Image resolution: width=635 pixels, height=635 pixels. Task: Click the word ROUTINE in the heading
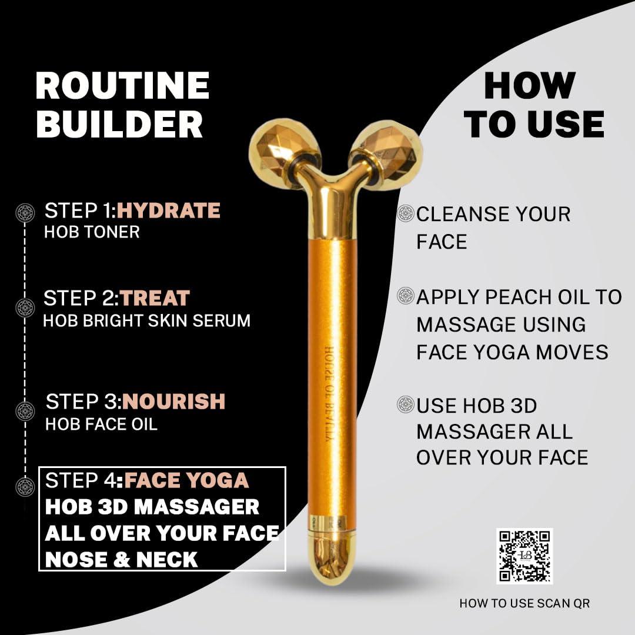click(122, 86)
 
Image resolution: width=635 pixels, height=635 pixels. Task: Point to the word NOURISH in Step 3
click(173, 402)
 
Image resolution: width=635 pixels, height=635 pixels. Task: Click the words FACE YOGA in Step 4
click(186, 480)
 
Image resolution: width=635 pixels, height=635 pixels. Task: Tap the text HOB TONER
click(92, 232)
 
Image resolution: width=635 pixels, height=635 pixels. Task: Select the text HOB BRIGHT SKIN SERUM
click(147, 320)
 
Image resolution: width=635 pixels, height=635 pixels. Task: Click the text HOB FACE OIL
click(101, 424)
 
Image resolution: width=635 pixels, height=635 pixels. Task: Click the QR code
click(524, 556)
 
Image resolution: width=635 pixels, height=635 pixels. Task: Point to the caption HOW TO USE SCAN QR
click(524, 603)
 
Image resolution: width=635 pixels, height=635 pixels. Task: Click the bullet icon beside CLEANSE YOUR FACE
click(406, 213)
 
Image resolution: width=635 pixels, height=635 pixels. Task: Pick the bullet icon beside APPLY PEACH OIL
click(406, 296)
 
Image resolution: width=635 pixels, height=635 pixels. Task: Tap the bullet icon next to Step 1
click(25, 212)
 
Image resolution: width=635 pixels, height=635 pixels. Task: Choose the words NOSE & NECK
click(121, 560)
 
